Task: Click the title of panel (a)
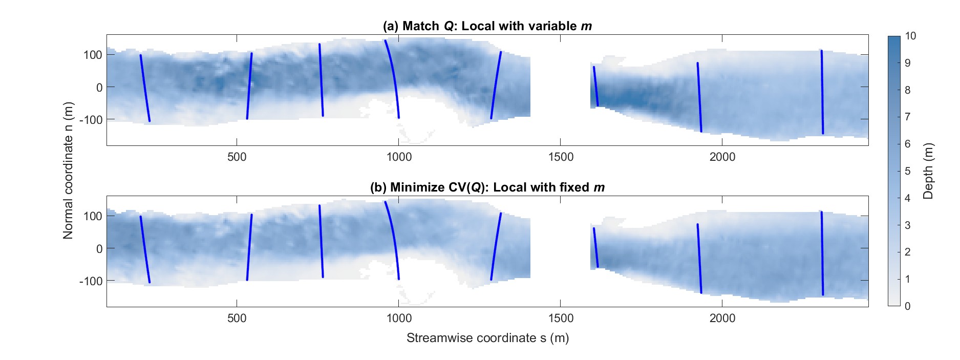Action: pos(487,26)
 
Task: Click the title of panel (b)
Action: pos(487,187)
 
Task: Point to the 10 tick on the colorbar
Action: pos(911,36)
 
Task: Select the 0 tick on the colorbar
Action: pos(908,306)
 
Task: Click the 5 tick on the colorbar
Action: pos(908,171)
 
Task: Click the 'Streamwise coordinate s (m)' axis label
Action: pos(487,338)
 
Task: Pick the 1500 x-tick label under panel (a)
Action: pos(560,157)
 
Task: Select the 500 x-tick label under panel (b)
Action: pos(237,318)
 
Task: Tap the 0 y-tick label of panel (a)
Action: pos(99,88)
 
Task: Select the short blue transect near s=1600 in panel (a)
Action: pos(595,86)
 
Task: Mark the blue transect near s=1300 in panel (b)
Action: pos(495,247)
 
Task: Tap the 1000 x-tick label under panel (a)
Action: pos(398,157)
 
